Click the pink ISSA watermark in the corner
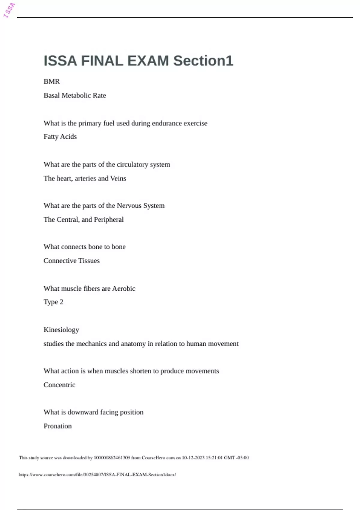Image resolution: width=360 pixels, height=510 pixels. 9,10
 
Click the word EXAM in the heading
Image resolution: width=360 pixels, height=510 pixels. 148,61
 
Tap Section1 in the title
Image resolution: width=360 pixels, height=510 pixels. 203,61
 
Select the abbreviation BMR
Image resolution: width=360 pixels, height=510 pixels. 52,82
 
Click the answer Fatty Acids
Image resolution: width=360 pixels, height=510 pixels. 60,137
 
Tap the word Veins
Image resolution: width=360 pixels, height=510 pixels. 118,178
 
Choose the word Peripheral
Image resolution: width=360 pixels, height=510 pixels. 109,220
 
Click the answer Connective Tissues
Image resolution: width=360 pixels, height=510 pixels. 71,261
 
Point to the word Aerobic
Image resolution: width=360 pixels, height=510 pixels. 124,289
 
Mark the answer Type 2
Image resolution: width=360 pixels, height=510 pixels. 53,302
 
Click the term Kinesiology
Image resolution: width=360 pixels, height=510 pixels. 61,330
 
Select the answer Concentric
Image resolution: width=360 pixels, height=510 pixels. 59,385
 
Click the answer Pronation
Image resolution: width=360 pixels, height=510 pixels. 58,426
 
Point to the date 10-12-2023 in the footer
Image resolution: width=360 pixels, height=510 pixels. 193,458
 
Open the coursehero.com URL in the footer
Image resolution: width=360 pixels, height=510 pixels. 97,475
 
